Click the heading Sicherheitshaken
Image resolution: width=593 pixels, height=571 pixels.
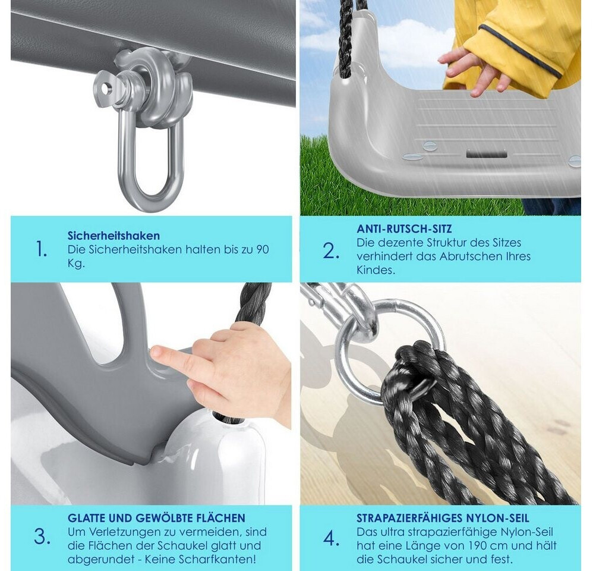tap(113, 236)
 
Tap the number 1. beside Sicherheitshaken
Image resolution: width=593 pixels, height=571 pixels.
tap(41, 249)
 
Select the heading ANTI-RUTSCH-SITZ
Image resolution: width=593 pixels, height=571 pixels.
tap(404, 229)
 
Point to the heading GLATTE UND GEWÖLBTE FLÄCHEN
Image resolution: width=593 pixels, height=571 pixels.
tap(156, 517)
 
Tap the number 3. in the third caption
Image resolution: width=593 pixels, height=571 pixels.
tap(42, 537)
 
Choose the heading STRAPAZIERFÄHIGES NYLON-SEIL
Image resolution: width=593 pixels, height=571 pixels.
tap(443, 517)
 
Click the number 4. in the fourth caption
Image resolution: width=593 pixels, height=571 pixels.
tap(332, 538)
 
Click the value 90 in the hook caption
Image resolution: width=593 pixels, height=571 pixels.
tap(263, 250)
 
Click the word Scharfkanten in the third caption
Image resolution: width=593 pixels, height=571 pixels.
tap(217, 559)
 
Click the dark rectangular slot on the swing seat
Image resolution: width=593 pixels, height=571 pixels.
tap(486, 153)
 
